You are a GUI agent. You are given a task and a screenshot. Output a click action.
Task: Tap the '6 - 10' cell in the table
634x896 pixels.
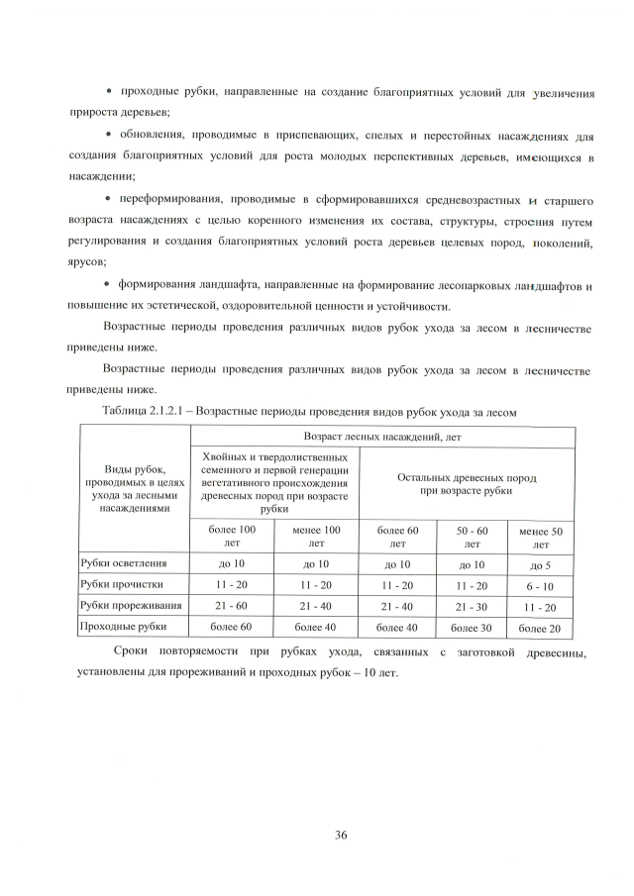pos(541,585)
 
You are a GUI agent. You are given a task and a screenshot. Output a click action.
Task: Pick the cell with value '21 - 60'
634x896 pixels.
pos(232,605)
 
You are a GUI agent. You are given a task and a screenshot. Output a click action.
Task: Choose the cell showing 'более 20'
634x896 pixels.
pos(541,628)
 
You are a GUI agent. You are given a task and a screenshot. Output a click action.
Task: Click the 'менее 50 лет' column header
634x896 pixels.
pos(541,539)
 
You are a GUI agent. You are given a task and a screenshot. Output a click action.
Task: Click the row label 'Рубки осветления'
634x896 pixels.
pos(124,563)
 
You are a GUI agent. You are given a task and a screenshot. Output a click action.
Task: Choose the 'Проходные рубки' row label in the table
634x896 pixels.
pos(123,626)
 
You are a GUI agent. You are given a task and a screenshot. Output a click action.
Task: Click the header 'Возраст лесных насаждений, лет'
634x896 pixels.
pos(381,436)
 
